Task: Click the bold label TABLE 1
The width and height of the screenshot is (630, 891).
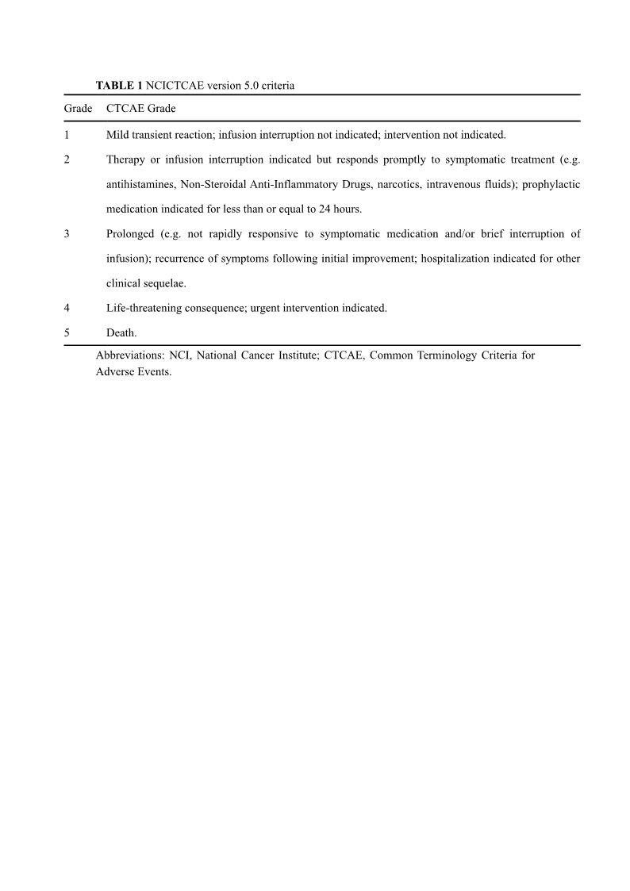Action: point(119,85)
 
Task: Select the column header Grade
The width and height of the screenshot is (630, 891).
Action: point(77,108)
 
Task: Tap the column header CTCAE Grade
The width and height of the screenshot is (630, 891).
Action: point(141,108)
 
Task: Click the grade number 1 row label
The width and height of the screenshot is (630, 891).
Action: point(67,135)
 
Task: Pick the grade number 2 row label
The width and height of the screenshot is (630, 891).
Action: point(67,159)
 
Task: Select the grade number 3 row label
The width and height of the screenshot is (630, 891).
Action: point(67,233)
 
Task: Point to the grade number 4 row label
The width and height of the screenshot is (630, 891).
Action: point(67,308)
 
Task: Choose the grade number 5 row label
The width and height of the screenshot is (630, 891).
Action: point(67,333)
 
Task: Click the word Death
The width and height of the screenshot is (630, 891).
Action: point(121,333)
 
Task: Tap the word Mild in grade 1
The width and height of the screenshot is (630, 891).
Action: point(118,135)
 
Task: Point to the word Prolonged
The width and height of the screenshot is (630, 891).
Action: point(130,233)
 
